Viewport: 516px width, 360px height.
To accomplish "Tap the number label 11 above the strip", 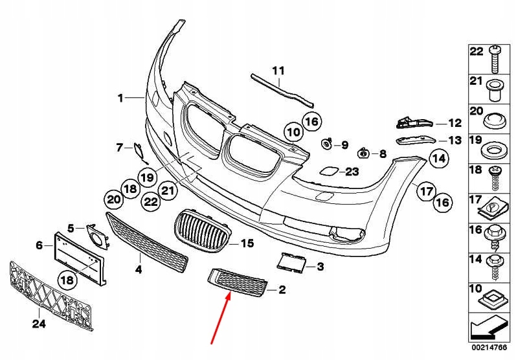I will click(278, 71).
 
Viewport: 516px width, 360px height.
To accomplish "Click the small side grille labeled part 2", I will click(237, 284).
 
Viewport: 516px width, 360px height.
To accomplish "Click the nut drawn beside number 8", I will click(363, 153).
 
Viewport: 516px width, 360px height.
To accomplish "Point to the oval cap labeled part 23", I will click(327, 172).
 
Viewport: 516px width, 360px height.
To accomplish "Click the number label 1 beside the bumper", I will click(120, 98).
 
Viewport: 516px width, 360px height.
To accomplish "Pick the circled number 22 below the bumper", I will click(151, 202).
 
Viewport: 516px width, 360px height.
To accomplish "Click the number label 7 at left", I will click(119, 148).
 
